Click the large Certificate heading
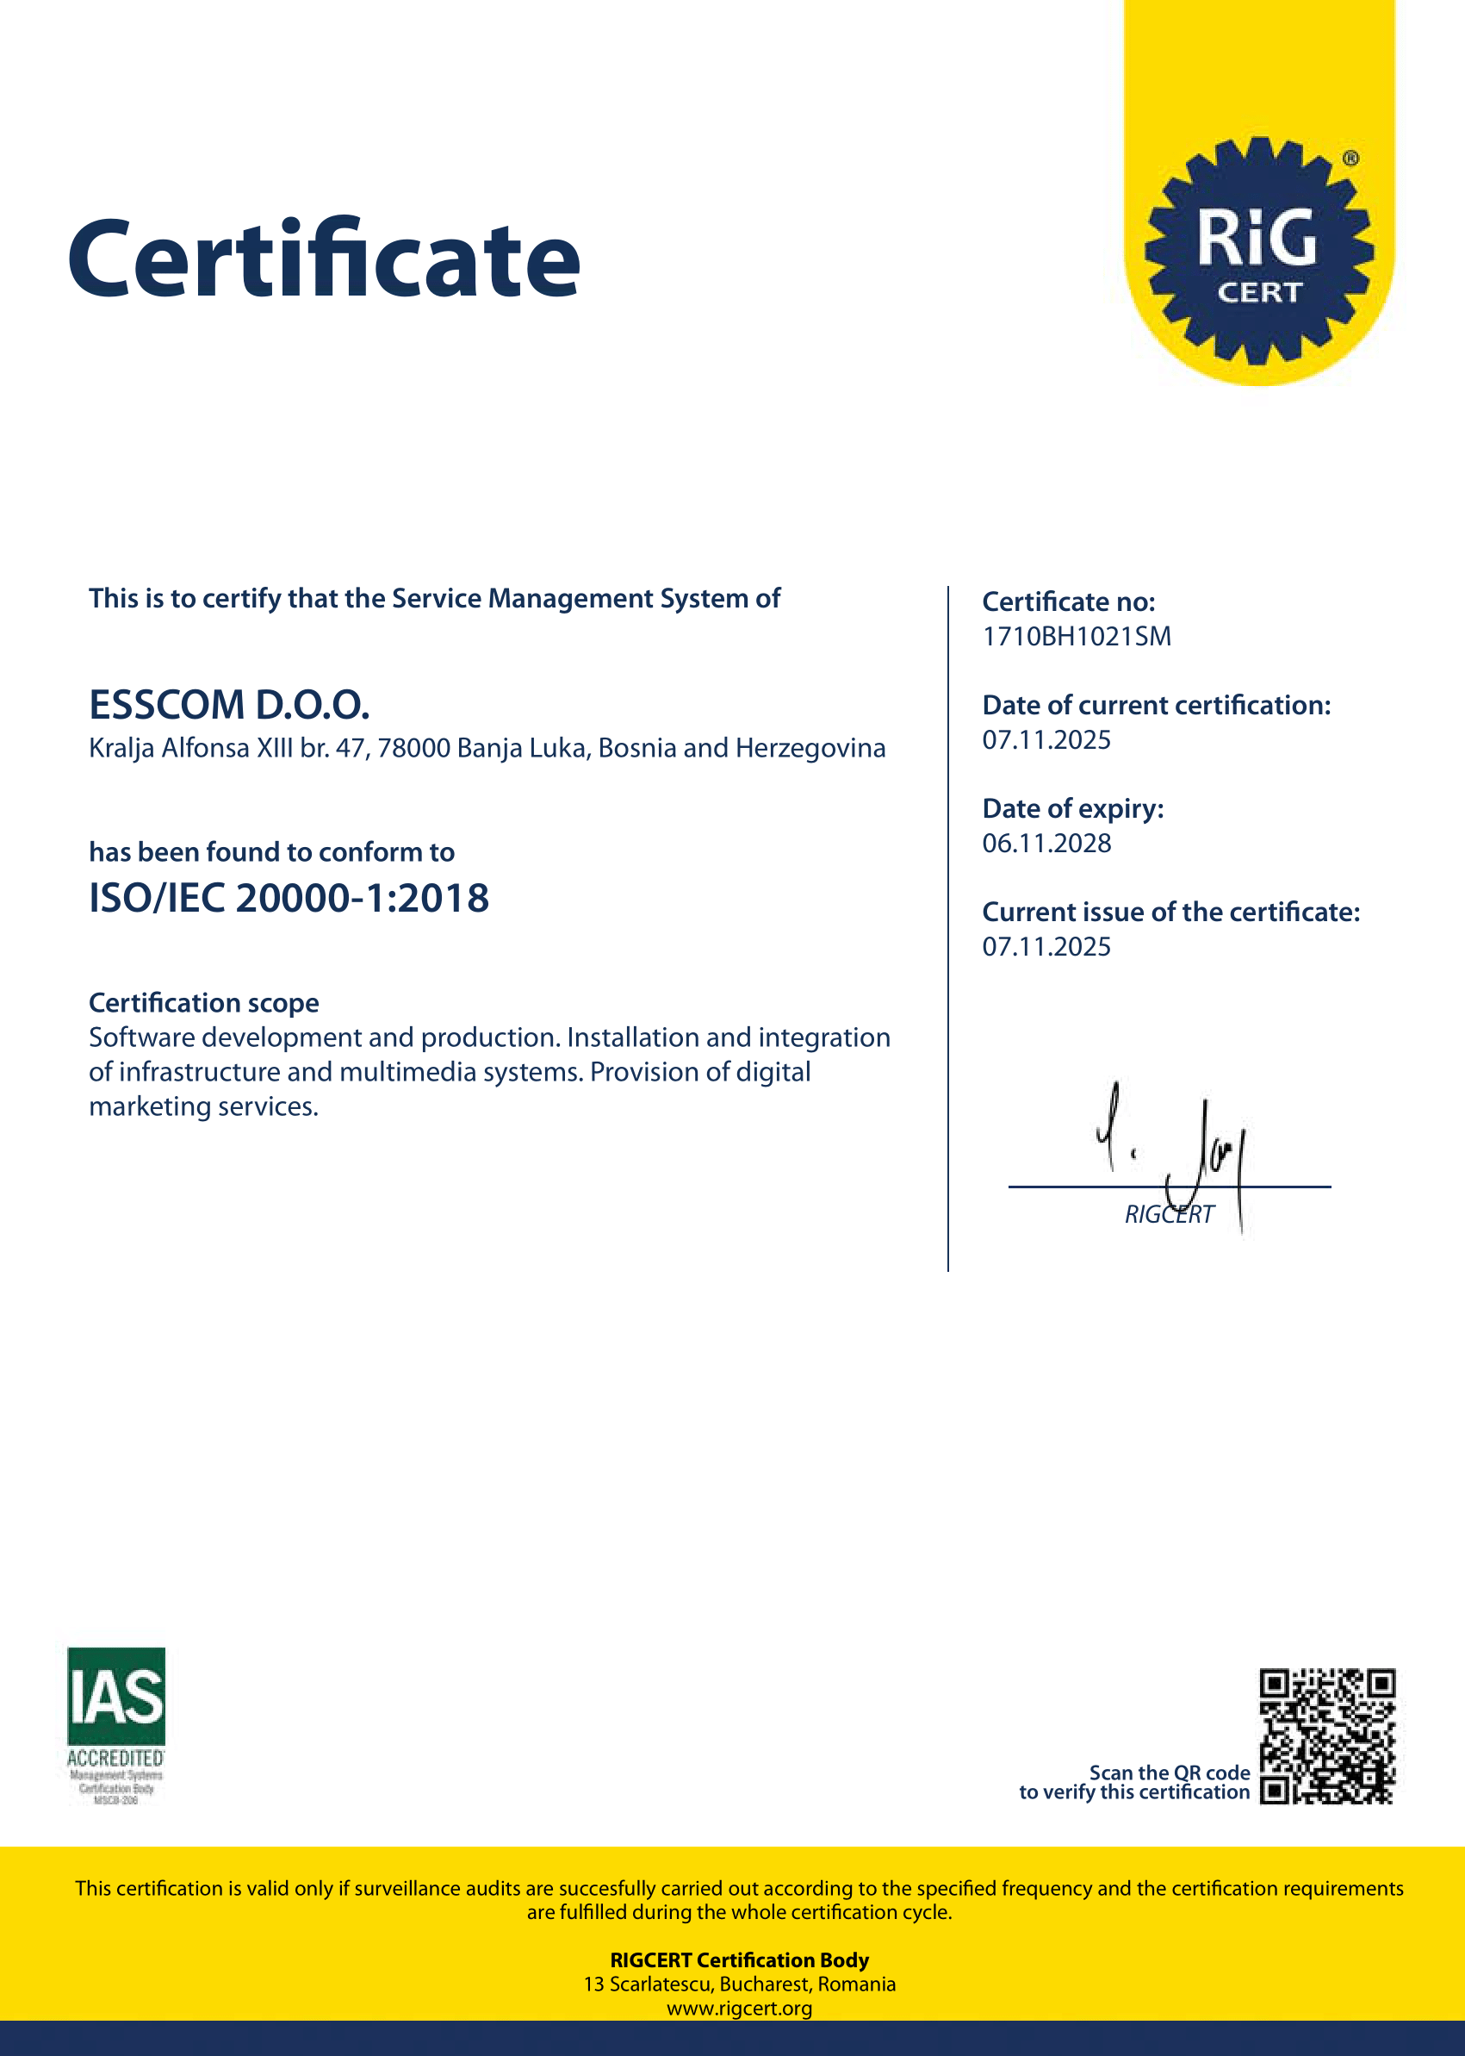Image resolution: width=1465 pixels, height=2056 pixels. click(x=324, y=260)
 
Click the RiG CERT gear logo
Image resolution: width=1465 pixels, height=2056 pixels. click(x=1258, y=251)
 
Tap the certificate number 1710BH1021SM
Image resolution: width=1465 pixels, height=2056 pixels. click(x=1077, y=636)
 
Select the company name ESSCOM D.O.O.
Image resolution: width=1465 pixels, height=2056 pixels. click(x=229, y=705)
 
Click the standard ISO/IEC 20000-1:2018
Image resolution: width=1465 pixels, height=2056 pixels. click(x=289, y=898)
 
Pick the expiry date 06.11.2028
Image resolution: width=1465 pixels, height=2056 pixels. click(x=1046, y=843)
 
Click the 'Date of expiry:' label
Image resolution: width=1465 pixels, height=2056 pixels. click(x=1072, y=808)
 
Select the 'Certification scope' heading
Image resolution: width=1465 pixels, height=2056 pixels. click(x=204, y=1003)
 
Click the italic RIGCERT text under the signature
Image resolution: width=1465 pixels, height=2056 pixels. click(x=1169, y=1215)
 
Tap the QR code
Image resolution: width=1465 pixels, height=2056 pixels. click(x=1327, y=1735)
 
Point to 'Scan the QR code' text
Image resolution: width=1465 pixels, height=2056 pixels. click(x=1169, y=1773)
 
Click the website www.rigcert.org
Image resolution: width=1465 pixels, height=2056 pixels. click(x=739, y=2008)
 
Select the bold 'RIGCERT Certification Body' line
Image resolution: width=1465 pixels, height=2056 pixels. click(x=739, y=1960)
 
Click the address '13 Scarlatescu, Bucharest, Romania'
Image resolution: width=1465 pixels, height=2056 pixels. click(x=739, y=1984)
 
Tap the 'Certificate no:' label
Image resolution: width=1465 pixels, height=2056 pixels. click(x=1068, y=602)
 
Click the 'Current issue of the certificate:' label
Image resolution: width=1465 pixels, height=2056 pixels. click(x=1170, y=913)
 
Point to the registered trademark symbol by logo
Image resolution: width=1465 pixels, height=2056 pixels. click(x=1350, y=159)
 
